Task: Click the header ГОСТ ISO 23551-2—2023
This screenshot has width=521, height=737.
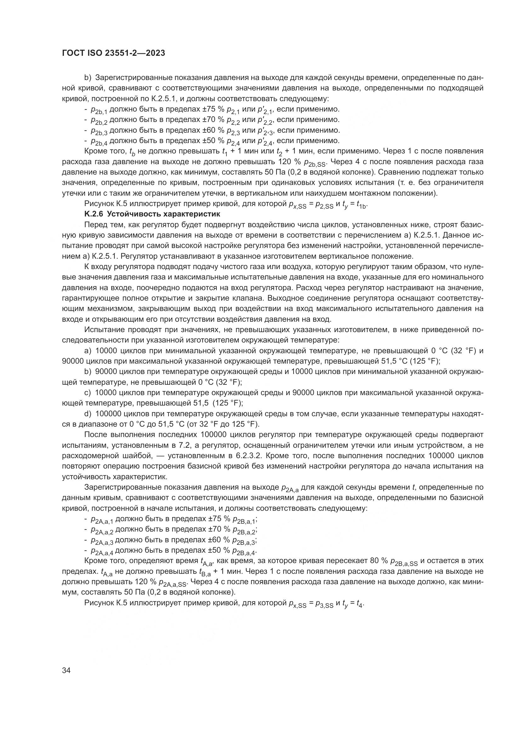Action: point(113,53)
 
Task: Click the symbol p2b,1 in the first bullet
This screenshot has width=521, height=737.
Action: point(99,110)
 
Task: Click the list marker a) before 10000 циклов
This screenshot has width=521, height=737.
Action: point(88,351)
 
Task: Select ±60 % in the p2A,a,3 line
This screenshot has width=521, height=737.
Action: point(219,541)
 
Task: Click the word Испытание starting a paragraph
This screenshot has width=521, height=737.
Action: point(104,330)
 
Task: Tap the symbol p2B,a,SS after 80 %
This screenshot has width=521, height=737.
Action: point(404,562)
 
